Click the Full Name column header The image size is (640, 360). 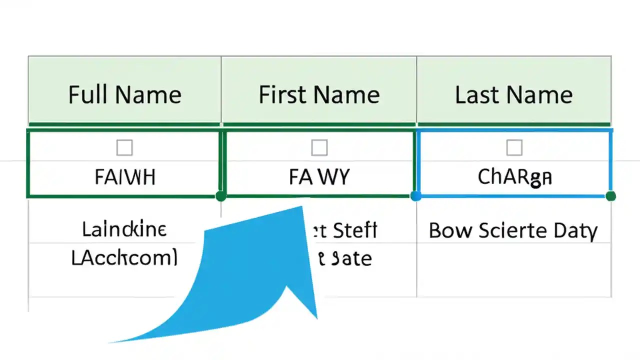coord(124,95)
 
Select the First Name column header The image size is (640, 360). coord(319,95)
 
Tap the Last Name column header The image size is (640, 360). coord(513,95)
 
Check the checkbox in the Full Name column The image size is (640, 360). coord(124,147)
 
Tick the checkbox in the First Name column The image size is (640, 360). coord(319,147)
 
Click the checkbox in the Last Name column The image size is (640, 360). coord(514,147)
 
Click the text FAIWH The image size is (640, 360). coord(125,177)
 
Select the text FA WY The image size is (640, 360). coord(319,177)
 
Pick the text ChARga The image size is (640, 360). coord(514,177)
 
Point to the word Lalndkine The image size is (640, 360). coord(124,230)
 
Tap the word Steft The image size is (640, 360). coord(354,230)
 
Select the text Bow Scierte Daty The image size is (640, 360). coord(513,230)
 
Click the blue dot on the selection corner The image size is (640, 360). coord(415,196)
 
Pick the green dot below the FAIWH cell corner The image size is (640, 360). coord(221,196)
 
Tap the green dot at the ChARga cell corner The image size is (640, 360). coord(610,196)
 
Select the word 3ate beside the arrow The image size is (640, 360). coord(352,258)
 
